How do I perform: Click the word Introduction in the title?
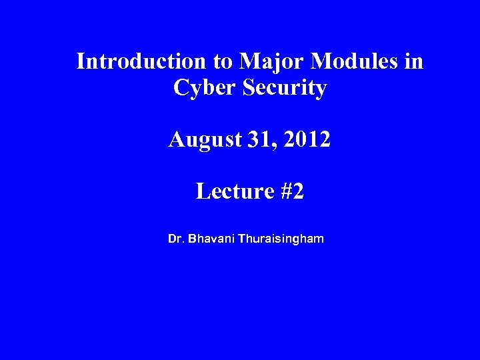141,62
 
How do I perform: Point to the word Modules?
356,62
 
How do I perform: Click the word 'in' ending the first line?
413,62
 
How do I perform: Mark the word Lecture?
233,192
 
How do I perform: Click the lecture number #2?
293,192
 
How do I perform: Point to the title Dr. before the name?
177,237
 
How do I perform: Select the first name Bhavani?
211,237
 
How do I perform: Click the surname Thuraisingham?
281,237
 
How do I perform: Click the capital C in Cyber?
179,88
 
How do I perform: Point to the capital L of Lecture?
202,192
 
